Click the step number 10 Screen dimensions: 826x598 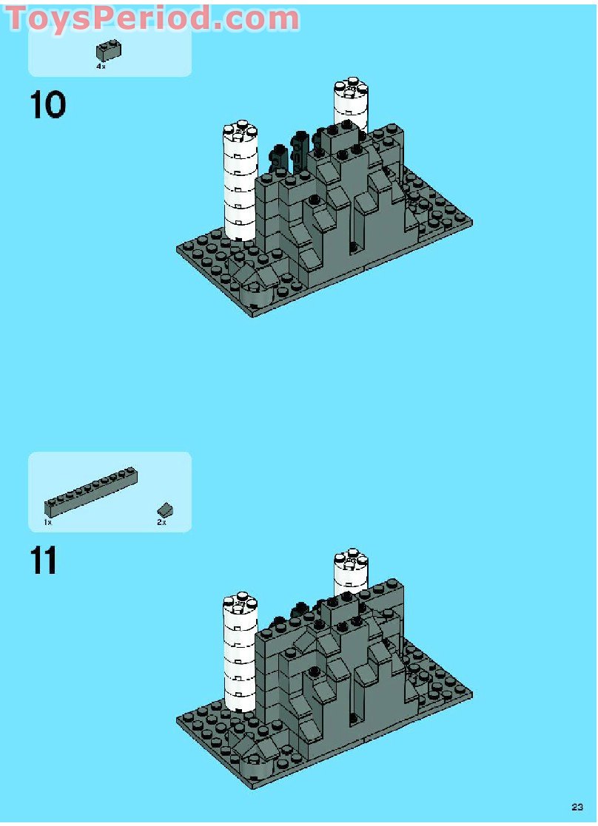48,105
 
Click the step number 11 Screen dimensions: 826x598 44,561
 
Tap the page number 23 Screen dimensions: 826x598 577,807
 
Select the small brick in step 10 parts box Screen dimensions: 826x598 109,50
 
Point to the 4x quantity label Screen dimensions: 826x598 101,67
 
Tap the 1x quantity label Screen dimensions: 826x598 48,522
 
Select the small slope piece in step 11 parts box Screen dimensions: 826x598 164,509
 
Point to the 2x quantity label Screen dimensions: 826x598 161,522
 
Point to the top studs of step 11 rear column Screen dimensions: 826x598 351,557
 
